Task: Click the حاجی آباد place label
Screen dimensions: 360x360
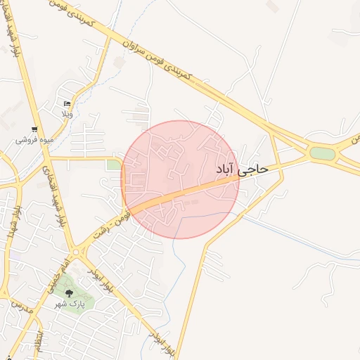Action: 243,169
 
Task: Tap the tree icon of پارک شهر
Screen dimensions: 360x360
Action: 69,292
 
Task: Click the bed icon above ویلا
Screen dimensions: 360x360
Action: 67,103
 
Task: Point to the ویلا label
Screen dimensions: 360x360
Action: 67,114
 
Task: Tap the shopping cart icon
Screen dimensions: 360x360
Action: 34,129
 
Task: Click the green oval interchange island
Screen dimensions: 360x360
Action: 322,153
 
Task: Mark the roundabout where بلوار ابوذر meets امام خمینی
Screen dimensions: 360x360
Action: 76,251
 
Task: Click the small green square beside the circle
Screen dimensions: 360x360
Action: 113,165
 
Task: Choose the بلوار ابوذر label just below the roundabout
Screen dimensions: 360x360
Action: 101,276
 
